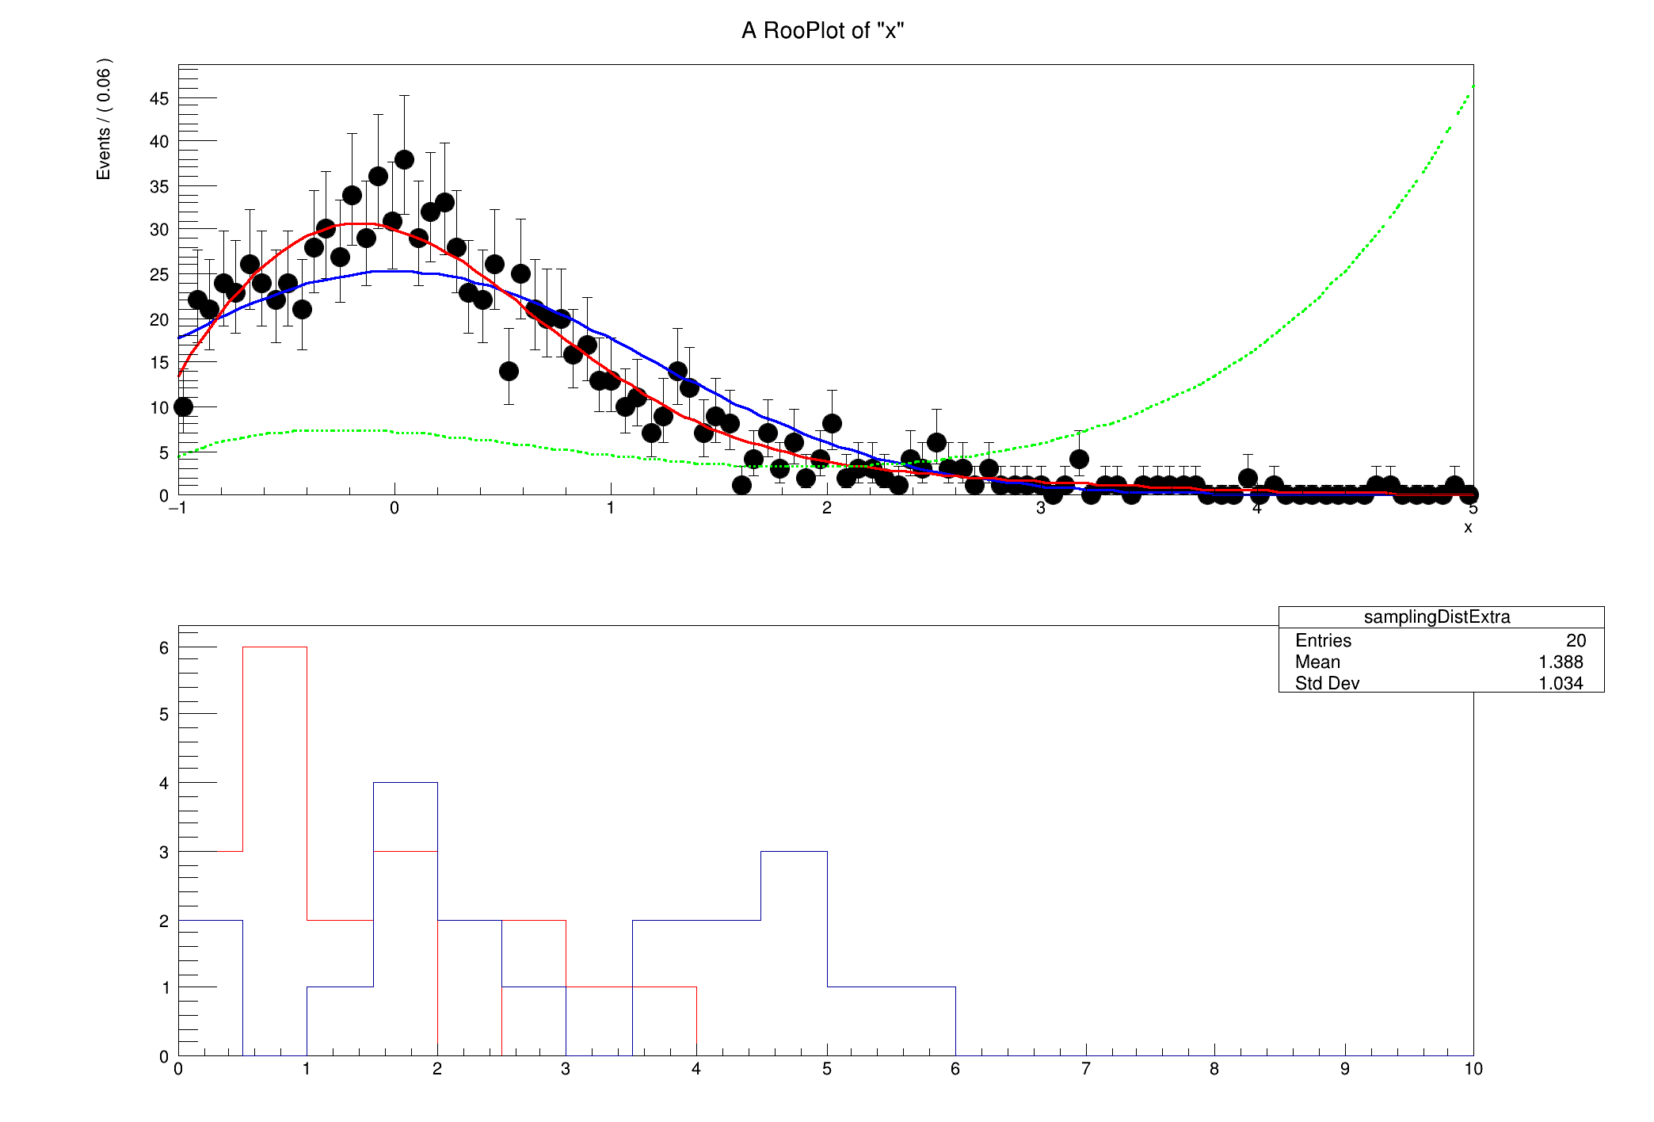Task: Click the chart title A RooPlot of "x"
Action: point(822,30)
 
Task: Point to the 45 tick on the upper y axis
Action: point(159,99)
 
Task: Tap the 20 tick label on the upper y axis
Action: point(159,319)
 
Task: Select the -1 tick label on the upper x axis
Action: point(177,509)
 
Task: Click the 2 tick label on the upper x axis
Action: point(826,509)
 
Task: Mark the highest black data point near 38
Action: point(404,160)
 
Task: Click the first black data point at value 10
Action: point(183,406)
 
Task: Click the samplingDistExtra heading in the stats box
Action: point(1436,617)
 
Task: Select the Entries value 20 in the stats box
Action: point(1576,640)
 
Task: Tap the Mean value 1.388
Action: point(1561,662)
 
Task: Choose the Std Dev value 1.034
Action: point(1561,683)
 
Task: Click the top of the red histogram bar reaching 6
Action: point(275,647)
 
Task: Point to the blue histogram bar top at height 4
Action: point(405,783)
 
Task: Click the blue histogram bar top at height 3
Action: point(794,852)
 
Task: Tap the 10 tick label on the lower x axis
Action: point(1473,1069)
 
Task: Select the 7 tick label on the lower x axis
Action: point(1085,1069)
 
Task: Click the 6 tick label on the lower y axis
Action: point(164,648)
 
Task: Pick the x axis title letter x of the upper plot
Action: point(1468,528)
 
